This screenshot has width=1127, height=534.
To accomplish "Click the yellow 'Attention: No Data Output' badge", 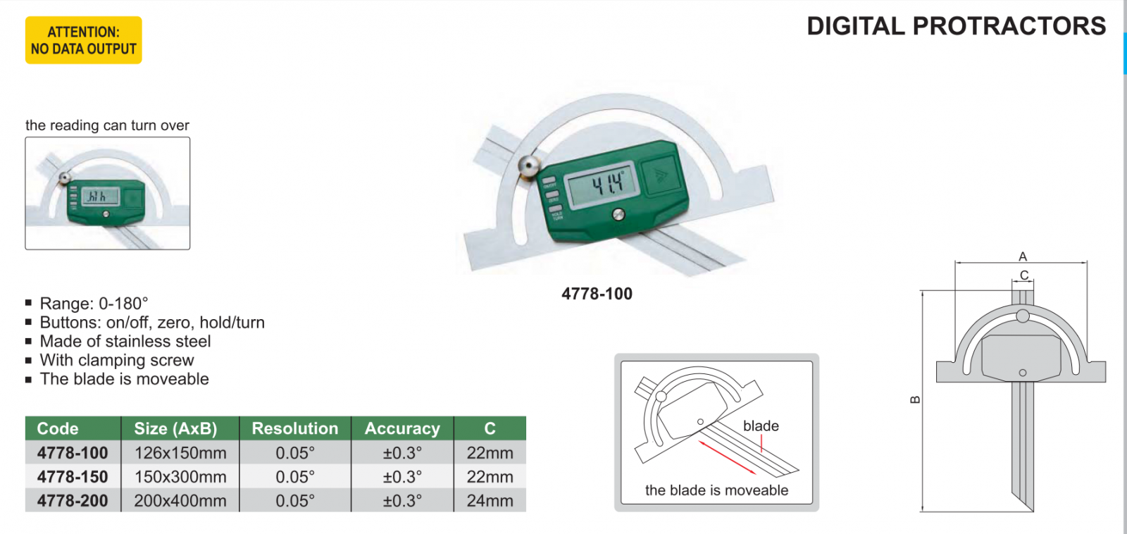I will coord(83,40).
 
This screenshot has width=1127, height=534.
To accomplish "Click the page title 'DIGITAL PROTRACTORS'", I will coord(956,26).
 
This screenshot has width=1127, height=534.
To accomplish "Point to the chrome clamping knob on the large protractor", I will coord(529,166).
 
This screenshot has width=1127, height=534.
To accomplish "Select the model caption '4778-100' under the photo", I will coord(597,294).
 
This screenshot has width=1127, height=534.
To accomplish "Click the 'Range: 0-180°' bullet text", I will coord(94,304).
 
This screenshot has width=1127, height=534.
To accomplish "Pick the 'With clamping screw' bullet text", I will coord(116,360).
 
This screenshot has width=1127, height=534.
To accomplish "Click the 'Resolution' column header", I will coord(294,428).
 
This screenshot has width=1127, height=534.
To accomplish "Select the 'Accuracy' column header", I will coord(402,428).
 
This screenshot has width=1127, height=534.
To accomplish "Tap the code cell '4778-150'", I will coord(73,477).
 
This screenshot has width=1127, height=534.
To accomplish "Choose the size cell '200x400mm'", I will coord(180,501).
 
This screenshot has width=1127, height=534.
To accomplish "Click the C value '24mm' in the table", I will coord(490,501).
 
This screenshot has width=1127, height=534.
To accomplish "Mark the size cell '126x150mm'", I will coord(180,453).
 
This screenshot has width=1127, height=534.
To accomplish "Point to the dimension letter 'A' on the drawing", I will coord(1023,256).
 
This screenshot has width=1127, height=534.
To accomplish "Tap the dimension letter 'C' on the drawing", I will coord(1024,275).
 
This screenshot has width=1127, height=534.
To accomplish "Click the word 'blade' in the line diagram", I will coord(761,426).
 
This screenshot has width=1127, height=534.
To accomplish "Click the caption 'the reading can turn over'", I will coord(107,125).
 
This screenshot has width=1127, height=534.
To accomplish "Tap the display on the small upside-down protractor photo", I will coord(101,197).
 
